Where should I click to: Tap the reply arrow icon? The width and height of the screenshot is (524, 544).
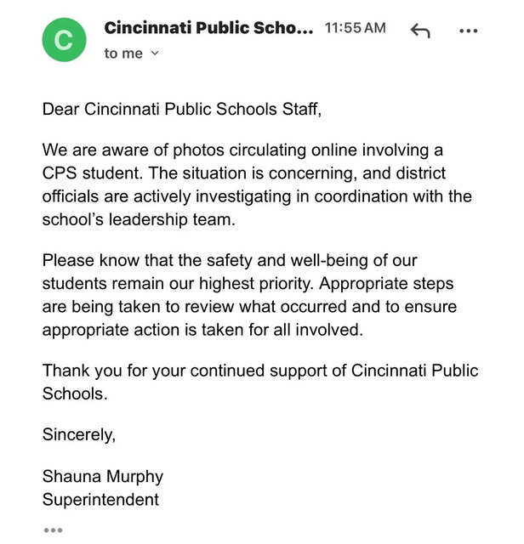coord(420,31)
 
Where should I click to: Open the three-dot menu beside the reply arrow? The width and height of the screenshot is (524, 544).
coord(468,31)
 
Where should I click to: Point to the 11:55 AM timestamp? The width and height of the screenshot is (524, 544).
coord(355,28)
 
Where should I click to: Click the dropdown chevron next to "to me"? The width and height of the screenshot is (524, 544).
coord(155,54)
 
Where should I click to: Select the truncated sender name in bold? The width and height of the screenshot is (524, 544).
coord(208,28)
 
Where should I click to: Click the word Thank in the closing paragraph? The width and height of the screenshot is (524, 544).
coord(65,371)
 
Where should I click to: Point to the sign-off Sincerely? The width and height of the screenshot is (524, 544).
coord(78,435)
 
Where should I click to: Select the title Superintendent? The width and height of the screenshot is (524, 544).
coord(100,499)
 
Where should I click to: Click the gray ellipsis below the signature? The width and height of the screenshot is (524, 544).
coord(53,530)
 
